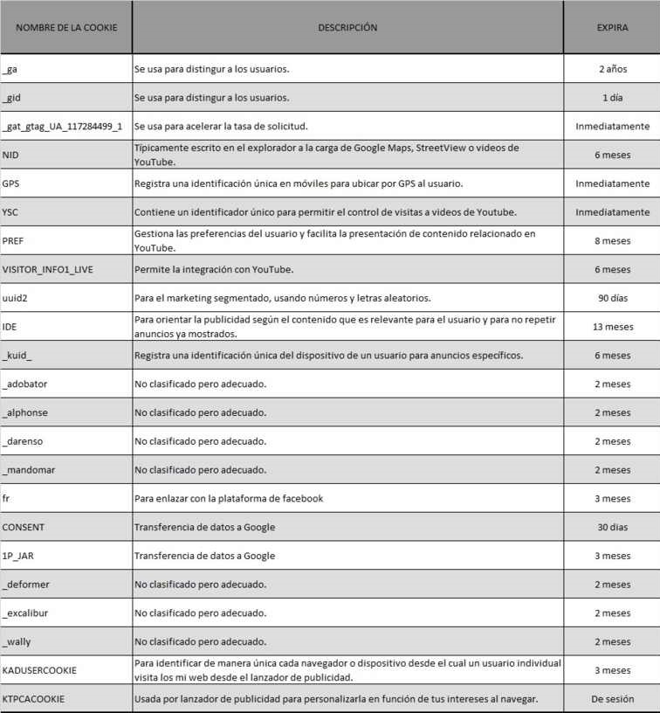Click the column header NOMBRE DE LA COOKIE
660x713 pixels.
pyautogui.click(x=66, y=27)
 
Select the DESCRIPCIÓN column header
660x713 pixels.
pyautogui.click(x=347, y=27)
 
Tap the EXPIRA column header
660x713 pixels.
pyautogui.click(x=612, y=27)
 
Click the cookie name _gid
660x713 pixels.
pyautogui.click(x=12, y=97)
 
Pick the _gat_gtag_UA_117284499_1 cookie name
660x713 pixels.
pyautogui.click(x=62, y=126)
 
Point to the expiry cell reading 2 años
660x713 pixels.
pyautogui.click(x=612, y=68)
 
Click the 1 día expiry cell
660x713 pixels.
pyautogui.click(x=612, y=97)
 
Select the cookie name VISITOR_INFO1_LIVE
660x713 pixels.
pyautogui.click(x=48, y=269)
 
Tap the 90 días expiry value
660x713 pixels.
pyautogui.click(x=612, y=298)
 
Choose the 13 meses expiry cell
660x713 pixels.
pyautogui.click(x=612, y=327)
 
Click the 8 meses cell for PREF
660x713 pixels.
pyautogui.click(x=612, y=240)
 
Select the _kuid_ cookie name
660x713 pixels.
pyautogui.click(x=17, y=356)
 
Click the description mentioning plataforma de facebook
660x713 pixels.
pyautogui.click(x=229, y=498)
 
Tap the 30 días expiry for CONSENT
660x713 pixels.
pyautogui.click(x=612, y=527)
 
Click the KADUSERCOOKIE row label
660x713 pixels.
pyautogui.click(x=39, y=670)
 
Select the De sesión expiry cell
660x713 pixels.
pyautogui.click(x=612, y=699)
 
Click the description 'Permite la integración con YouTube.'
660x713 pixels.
pyautogui.click(x=213, y=269)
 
